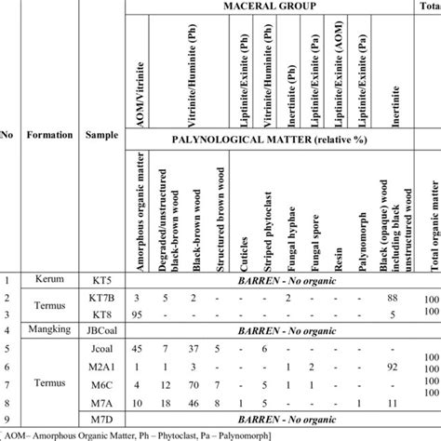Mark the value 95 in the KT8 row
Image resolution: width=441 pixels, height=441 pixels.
(x=135, y=314)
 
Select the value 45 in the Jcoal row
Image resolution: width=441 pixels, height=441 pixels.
(x=135, y=348)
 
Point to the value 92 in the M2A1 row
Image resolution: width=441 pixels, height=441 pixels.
(x=393, y=365)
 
